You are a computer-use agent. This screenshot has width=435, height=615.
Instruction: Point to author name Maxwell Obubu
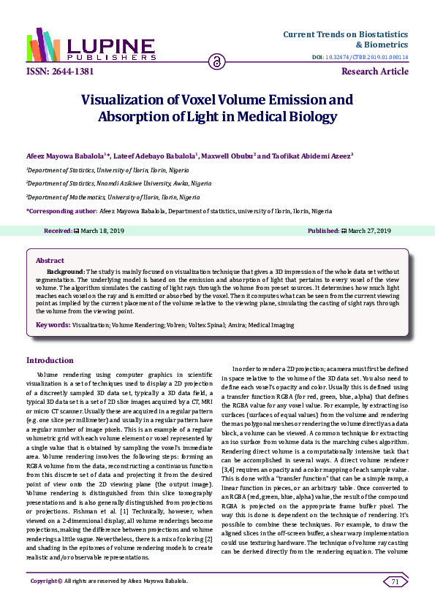click(x=231, y=155)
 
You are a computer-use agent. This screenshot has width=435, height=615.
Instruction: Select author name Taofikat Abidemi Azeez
click(x=311, y=155)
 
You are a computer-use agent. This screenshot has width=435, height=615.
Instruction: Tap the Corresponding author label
click(x=61, y=210)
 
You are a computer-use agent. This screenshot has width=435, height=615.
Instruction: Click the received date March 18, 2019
click(x=102, y=230)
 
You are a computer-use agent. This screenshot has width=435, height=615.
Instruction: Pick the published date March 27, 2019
click(x=369, y=230)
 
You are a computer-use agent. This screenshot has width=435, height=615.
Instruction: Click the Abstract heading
click(x=50, y=260)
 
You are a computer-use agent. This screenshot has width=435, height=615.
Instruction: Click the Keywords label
click(x=53, y=324)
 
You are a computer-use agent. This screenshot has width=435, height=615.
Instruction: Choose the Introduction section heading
click(x=50, y=360)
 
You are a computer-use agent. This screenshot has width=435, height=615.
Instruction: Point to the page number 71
click(x=395, y=581)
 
